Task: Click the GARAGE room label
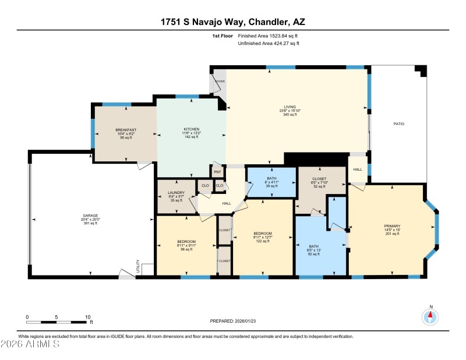[x=90, y=216]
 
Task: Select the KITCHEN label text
[x=192, y=129]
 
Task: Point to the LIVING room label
[x=290, y=107]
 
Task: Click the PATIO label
[x=398, y=124]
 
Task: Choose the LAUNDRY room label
[x=176, y=192]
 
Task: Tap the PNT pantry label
[x=217, y=172]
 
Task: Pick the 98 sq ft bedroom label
[x=187, y=242]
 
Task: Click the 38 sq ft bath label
[x=271, y=178]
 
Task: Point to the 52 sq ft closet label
[x=319, y=179]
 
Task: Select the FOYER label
[x=220, y=82]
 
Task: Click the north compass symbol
[x=430, y=316]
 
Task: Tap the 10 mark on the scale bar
[x=88, y=317]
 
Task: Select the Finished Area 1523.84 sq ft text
[x=267, y=36]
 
